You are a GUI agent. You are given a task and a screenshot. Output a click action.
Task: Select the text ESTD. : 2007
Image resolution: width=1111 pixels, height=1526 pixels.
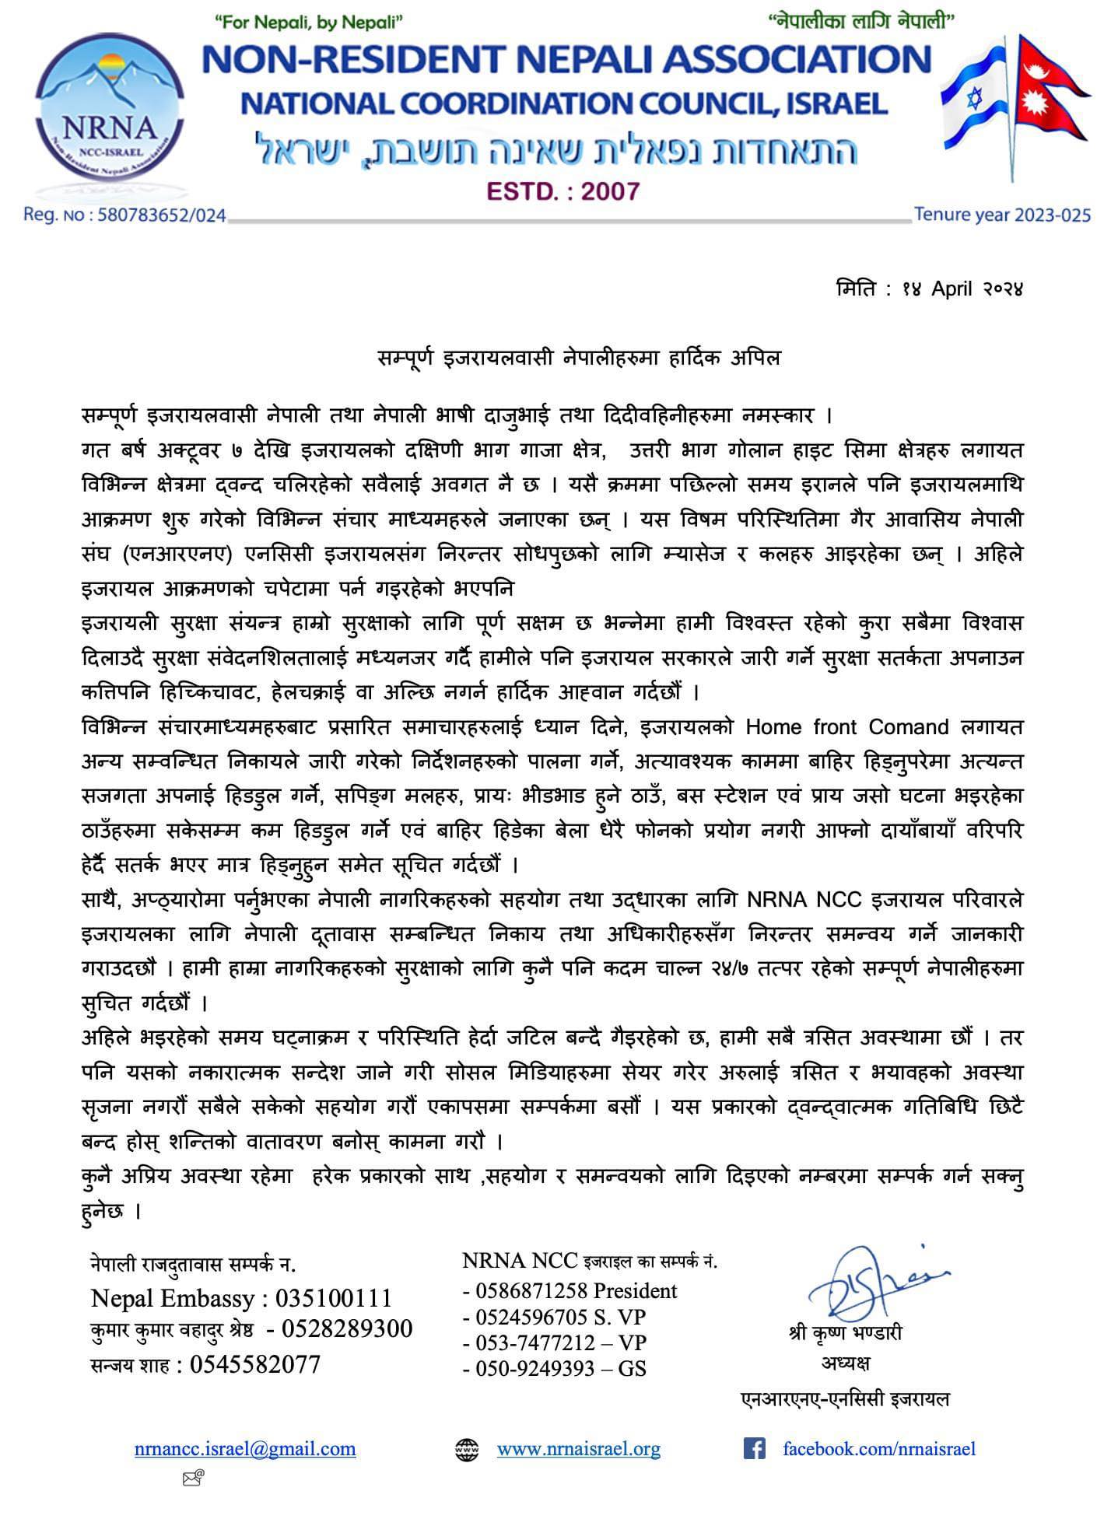click(x=562, y=191)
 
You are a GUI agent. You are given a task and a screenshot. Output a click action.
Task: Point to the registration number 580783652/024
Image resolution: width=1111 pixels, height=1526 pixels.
click(x=162, y=215)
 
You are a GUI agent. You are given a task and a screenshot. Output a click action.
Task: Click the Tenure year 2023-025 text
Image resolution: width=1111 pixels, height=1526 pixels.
click(x=1002, y=215)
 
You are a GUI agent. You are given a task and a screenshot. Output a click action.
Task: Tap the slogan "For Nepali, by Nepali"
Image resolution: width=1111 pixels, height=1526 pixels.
click(x=309, y=24)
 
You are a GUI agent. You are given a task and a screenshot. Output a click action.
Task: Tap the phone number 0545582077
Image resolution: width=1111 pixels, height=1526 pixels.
click(x=254, y=1363)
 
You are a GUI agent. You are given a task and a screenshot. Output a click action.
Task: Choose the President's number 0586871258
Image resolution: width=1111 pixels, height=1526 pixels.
click(x=527, y=1291)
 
